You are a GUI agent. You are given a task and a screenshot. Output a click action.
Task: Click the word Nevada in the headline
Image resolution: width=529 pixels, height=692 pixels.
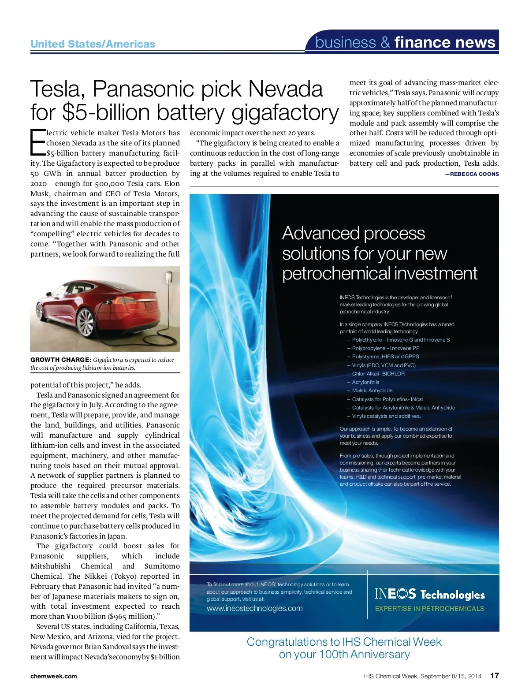tap(285, 89)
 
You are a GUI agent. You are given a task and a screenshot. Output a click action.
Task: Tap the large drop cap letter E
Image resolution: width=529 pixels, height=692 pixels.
tap(37, 142)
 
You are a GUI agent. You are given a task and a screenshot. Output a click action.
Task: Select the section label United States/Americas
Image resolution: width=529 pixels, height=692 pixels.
tap(93, 44)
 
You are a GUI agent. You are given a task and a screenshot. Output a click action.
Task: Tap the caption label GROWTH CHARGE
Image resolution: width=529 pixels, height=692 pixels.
tap(61, 360)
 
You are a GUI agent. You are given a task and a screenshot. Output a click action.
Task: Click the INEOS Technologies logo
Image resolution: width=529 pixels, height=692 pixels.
tap(430, 594)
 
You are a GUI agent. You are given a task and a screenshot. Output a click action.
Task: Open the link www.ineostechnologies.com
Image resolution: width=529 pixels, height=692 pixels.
tap(255, 608)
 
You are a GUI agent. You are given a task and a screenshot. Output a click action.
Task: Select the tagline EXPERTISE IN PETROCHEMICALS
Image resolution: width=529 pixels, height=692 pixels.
tap(429, 609)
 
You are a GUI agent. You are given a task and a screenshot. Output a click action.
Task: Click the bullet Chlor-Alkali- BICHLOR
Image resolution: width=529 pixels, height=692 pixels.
tap(378, 374)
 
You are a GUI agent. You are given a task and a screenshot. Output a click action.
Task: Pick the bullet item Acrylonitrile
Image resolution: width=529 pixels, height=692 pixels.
tap(365, 382)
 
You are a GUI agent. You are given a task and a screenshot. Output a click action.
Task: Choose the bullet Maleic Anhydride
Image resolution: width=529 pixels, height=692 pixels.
tap(372, 391)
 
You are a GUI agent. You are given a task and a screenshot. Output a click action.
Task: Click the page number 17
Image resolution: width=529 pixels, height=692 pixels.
tap(495, 676)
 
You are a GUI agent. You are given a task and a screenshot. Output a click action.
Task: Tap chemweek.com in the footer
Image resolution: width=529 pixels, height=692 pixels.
tap(53, 676)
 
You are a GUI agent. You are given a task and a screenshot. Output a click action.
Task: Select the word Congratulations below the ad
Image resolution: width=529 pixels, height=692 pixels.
tap(287, 642)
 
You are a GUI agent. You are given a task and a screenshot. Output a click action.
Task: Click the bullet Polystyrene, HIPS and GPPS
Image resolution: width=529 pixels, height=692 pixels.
tap(385, 357)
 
